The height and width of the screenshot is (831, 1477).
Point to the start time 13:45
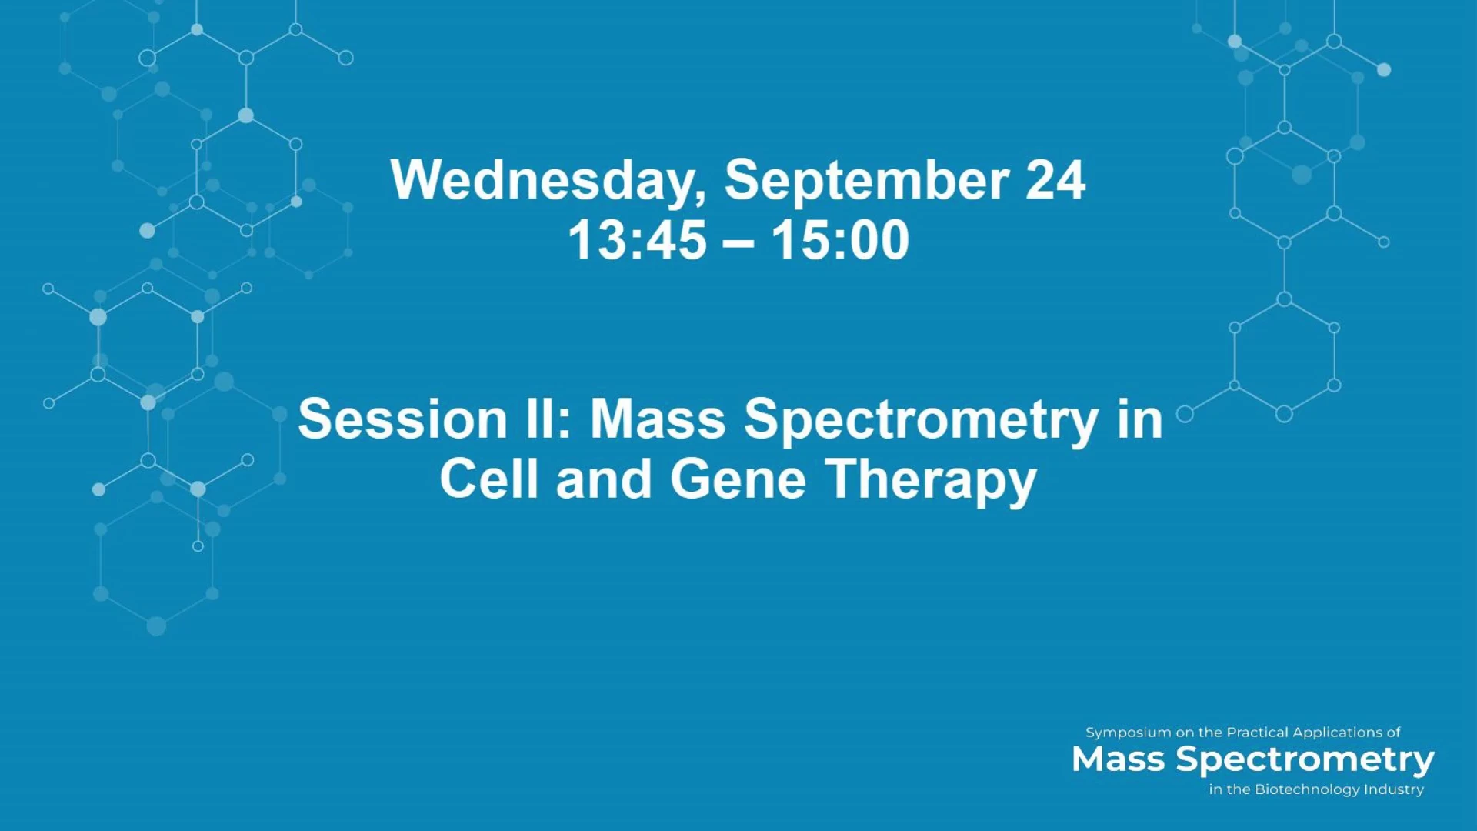coord(637,240)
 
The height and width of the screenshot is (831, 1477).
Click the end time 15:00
coord(841,240)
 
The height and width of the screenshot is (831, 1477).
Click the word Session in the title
coord(402,419)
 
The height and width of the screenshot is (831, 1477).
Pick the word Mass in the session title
coord(658,419)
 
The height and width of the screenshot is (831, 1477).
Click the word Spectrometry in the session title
coord(921,422)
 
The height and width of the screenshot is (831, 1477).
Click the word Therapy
coord(932,482)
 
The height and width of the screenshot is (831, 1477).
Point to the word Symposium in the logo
coord(1129,733)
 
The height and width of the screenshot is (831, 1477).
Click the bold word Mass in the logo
coord(1118,759)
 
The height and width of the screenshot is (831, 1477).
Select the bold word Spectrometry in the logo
coord(1305,761)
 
